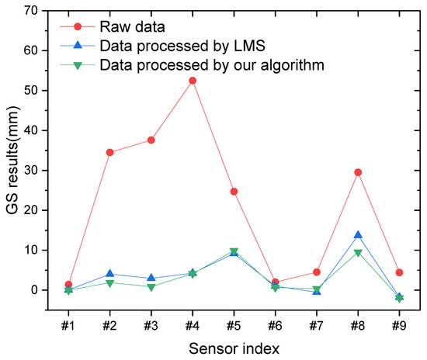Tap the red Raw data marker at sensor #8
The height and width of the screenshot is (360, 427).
pos(358,172)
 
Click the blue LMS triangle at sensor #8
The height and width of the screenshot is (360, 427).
pos(358,235)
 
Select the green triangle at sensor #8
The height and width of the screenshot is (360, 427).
pos(358,253)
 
